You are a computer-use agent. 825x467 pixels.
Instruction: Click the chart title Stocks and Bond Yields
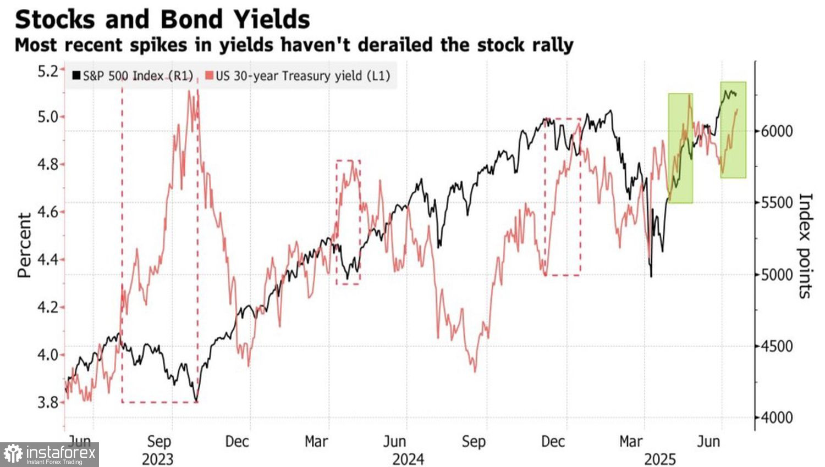tap(162, 19)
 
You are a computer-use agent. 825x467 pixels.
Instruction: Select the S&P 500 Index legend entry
tap(133, 76)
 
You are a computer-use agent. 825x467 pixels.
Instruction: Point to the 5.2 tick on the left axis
tap(47, 71)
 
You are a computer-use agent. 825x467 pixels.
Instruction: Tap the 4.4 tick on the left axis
tap(47, 259)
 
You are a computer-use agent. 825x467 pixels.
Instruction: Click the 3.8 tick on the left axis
tap(47, 402)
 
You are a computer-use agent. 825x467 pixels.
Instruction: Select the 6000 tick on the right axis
tap(777, 131)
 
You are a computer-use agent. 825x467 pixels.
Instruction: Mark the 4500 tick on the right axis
tap(777, 346)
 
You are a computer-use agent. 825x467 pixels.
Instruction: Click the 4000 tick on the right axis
tap(777, 418)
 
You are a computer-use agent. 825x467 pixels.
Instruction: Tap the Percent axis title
tap(24, 245)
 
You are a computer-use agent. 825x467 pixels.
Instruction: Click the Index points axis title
tap(805, 246)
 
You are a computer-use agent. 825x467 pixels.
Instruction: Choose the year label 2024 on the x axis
tap(408, 458)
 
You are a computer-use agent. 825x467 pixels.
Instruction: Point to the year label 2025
tap(659, 458)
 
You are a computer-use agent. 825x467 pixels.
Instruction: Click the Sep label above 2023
tap(158, 441)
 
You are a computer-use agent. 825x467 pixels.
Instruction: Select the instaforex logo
tap(50, 454)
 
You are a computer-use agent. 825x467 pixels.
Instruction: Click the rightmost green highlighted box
tap(733, 130)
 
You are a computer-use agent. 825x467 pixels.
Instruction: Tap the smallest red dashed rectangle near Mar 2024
tap(348, 222)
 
